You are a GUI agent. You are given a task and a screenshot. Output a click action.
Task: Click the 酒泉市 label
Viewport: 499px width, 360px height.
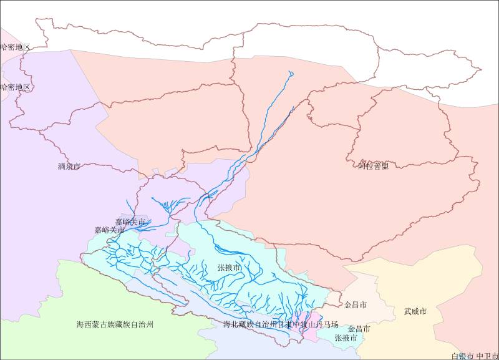click(69, 167)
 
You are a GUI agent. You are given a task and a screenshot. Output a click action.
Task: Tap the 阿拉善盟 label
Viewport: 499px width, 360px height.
click(373, 165)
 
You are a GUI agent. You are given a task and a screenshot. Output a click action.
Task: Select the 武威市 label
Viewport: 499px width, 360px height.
click(415, 311)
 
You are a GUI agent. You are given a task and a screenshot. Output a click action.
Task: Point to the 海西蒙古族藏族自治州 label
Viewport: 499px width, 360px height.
click(115, 324)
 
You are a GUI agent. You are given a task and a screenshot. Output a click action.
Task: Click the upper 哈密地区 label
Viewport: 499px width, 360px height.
click(15, 47)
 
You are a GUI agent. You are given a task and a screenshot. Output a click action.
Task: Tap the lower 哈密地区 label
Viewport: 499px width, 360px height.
click(15, 87)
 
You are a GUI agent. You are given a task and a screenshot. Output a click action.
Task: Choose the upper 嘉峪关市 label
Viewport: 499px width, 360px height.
click(130, 221)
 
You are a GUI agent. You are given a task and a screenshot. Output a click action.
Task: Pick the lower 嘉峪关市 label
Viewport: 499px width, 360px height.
click(110, 230)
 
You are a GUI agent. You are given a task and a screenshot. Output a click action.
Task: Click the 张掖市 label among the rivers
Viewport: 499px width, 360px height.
click(229, 267)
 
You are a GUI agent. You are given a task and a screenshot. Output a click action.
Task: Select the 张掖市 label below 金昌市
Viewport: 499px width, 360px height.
click(346, 338)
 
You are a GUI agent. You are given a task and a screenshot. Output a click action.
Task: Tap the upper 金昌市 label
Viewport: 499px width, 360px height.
click(356, 305)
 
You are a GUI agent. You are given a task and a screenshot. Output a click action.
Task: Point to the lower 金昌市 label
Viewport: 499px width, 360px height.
click(359, 328)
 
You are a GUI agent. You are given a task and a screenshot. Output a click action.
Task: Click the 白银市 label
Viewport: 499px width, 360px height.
click(462, 356)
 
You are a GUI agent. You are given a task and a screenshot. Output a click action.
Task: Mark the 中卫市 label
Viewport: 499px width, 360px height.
click(487, 356)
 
